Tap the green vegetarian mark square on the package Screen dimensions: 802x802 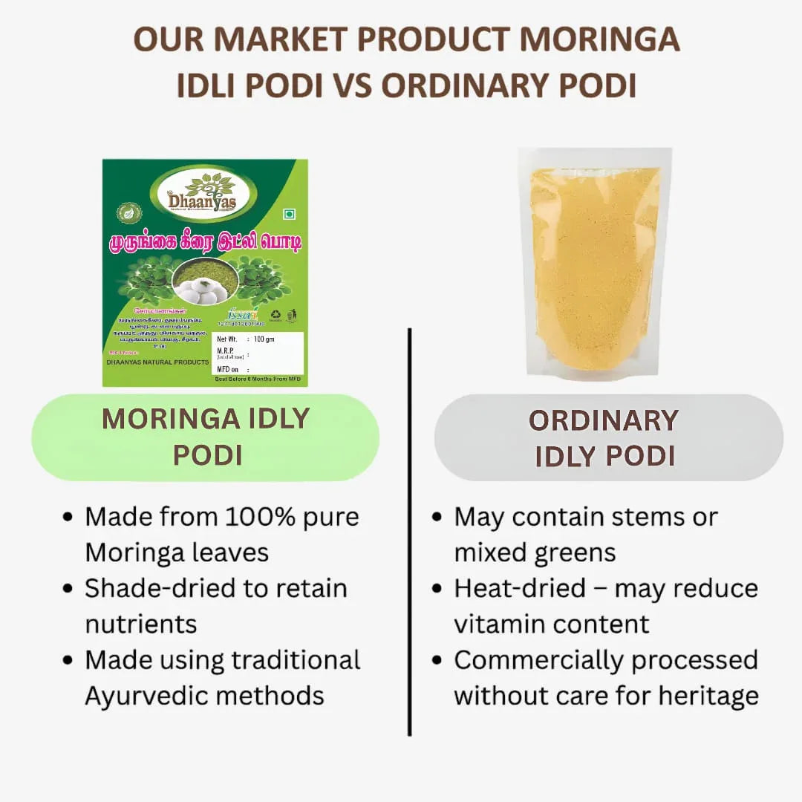[290, 215]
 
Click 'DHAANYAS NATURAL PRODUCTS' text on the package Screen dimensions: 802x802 [156, 362]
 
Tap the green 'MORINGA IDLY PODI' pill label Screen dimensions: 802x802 [205, 437]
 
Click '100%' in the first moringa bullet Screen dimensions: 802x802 [270, 517]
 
